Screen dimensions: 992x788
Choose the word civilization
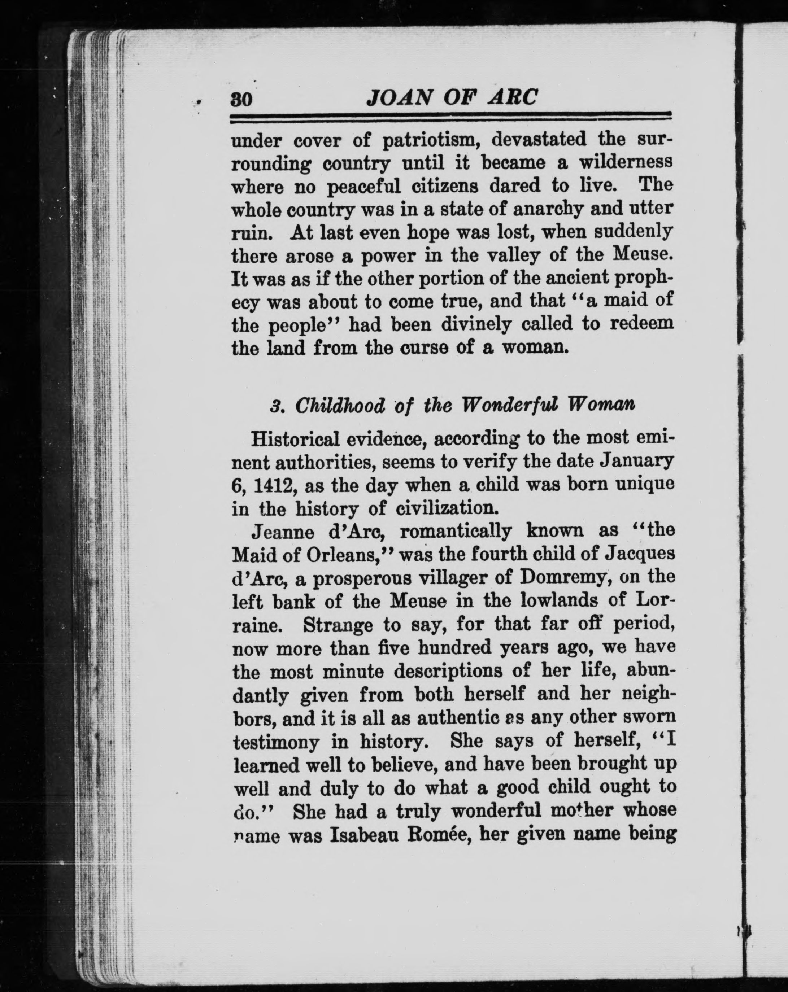[x=446, y=509]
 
